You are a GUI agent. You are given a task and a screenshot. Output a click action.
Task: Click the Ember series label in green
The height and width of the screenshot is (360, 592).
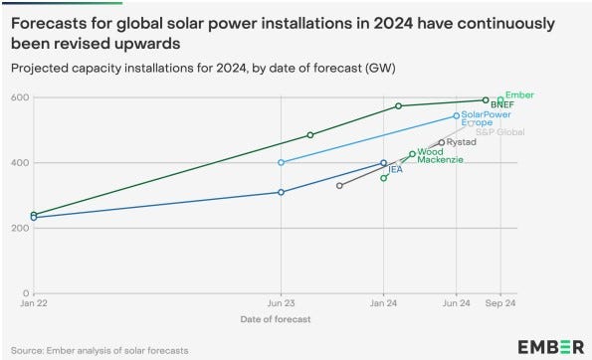(x=519, y=94)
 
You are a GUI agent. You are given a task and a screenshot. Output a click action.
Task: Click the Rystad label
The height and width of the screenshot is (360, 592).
(x=462, y=142)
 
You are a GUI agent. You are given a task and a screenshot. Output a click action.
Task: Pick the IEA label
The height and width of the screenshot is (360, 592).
(x=395, y=170)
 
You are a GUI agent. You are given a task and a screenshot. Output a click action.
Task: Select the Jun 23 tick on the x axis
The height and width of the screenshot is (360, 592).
(x=281, y=303)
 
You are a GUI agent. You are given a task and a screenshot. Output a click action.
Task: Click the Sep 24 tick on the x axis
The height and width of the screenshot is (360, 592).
(x=499, y=303)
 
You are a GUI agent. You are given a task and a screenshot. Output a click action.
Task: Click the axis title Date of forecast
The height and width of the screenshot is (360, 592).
(x=275, y=319)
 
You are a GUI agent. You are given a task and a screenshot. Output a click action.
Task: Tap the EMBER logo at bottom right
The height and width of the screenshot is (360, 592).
(x=550, y=346)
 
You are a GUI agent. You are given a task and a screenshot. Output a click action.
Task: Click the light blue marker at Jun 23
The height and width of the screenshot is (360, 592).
(x=282, y=162)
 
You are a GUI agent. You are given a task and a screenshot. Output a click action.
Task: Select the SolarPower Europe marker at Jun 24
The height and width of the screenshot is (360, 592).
(x=457, y=116)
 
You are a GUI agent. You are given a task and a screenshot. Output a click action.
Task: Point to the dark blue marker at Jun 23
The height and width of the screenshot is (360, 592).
(x=282, y=192)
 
